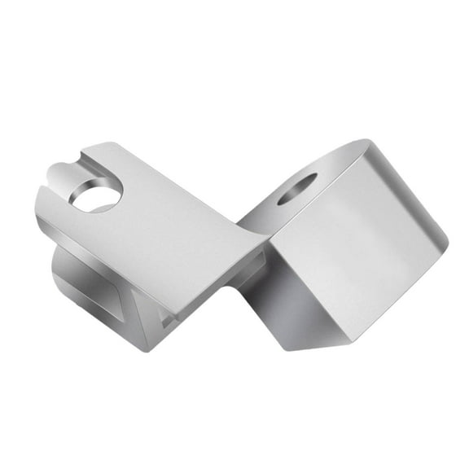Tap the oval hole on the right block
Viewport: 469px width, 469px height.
[297, 188]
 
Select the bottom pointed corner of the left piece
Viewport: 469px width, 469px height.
[148, 351]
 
